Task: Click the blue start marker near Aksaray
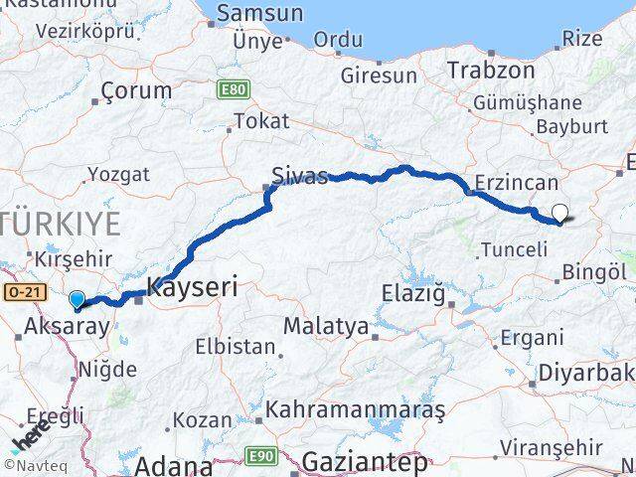77,298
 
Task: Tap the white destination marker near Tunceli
560,212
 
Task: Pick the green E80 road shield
232,89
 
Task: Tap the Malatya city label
325,326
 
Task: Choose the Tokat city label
260,121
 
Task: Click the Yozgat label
117,174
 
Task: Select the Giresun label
379,75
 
